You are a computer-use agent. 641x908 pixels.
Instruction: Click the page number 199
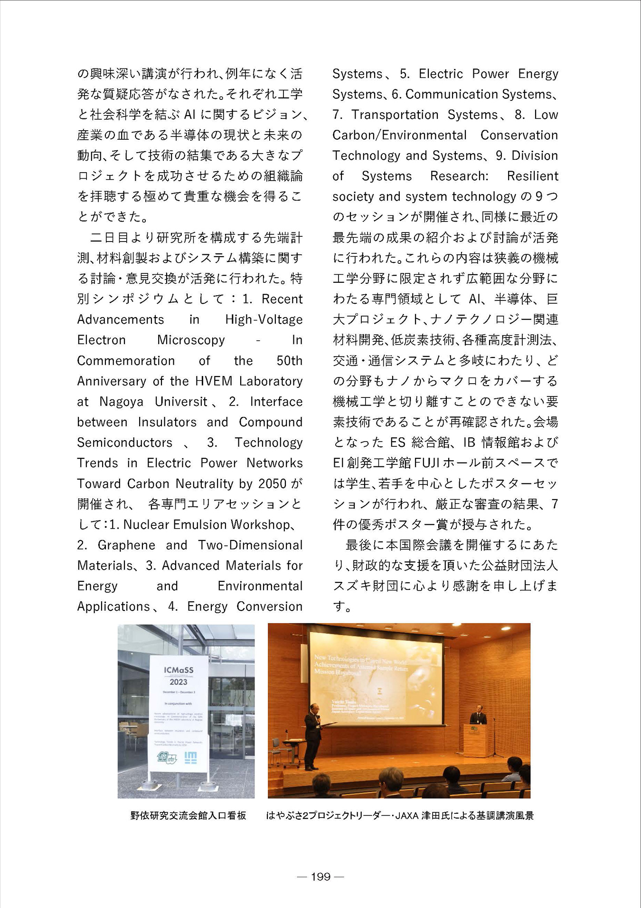coord(320,877)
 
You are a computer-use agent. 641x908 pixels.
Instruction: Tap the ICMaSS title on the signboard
coord(179,670)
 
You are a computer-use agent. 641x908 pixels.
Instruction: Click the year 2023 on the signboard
coord(179,682)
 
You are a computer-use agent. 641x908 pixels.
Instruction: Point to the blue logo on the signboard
coord(190,758)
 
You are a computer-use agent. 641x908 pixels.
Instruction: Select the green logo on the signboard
coord(167,758)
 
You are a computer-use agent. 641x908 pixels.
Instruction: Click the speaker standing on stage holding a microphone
coord(312,734)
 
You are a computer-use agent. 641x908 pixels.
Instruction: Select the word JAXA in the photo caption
coord(407,816)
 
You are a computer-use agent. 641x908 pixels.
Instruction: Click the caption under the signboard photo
coord(188,816)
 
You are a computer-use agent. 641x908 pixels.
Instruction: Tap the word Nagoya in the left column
coord(121,402)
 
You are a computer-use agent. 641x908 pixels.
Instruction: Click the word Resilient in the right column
coord(532,176)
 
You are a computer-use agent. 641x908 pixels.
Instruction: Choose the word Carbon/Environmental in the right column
coord(399,135)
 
